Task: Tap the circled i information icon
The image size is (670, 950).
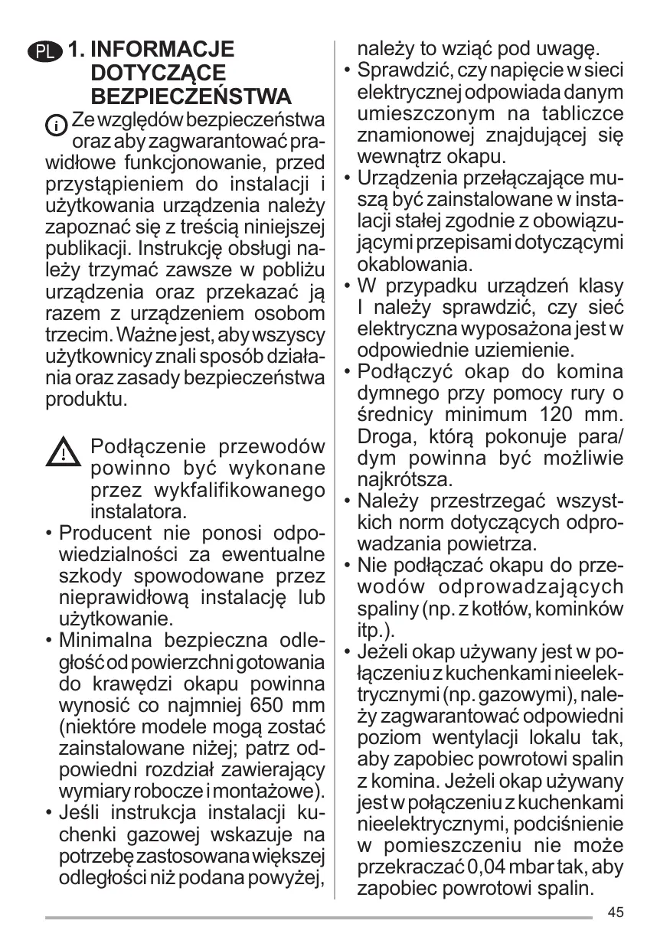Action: [57, 123]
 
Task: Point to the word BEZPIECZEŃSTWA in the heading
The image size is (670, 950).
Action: [191, 97]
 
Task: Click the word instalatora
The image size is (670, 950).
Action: [139, 511]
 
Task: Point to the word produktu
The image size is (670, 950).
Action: [87, 399]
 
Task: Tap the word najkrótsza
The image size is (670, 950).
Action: [405, 481]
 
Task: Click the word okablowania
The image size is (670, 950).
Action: [414, 265]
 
